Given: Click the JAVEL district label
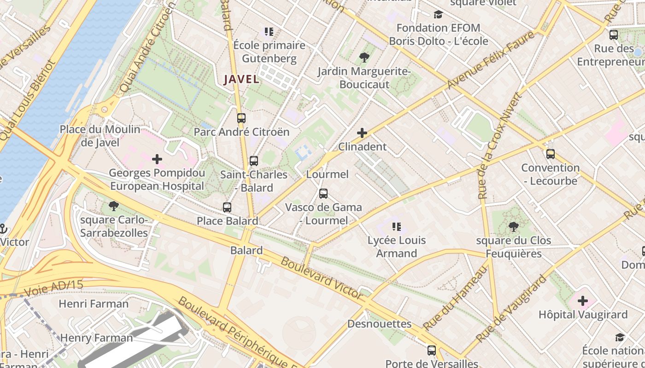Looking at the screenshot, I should point(241,79).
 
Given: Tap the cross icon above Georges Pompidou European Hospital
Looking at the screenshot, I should point(157,159).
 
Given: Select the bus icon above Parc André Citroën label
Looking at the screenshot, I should point(241,118).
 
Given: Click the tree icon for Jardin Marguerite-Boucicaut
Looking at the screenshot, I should point(364,57).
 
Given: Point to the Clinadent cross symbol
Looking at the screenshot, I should point(362,133).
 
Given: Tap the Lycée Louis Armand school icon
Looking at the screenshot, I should point(397,226).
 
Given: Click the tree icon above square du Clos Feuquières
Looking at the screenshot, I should point(513,226).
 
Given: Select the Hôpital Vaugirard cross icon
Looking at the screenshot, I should point(583,301).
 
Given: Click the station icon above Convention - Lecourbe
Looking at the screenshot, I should point(550,154).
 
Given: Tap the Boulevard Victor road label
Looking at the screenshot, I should point(322,278).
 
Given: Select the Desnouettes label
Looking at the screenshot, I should point(379,324).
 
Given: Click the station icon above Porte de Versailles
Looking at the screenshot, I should point(431,350).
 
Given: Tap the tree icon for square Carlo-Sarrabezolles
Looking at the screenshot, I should point(113,206).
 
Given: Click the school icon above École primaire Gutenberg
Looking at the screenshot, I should point(269,32).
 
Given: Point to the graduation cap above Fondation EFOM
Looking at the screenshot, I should point(438,14).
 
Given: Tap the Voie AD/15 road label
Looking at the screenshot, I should point(53,288).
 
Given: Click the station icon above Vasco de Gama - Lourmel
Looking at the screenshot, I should point(323,193).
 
